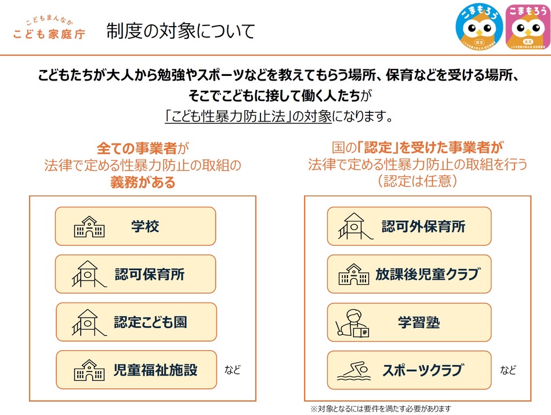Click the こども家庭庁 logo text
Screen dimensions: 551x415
coord(49,34)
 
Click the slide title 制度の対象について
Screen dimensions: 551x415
coord(180,31)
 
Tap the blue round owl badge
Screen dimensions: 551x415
coord(479,27)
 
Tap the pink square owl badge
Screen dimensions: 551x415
coord(527,27)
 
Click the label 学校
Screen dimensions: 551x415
coord(145,227)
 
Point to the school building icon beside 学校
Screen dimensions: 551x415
coord(89,227)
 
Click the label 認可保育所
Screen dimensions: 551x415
coord(150,274)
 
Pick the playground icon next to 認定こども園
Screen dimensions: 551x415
coord(89,322)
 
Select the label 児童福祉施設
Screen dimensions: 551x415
coord(155,370)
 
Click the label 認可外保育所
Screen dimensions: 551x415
coord(423,227)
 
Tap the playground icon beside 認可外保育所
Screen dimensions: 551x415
coord(356,226)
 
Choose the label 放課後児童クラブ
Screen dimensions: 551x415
coord(428,274)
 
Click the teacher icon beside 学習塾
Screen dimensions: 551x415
coord(352,323)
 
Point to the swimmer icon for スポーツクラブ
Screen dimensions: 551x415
coord(354,371)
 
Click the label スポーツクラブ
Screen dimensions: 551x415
coord(423,370)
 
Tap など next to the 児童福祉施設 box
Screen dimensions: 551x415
coord(233,370)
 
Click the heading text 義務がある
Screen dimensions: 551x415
coord(143,182)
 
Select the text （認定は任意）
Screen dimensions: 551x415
coord(418,181)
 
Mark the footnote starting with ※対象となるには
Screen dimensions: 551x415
coord(380,409)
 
